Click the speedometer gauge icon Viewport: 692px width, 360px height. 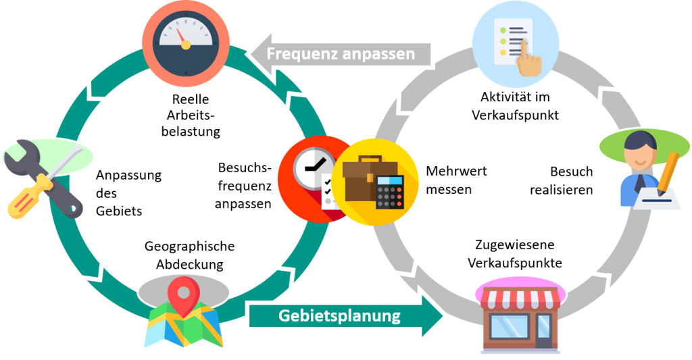click(x=183, y=42)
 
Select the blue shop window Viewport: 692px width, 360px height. click(x=510, y=327)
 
